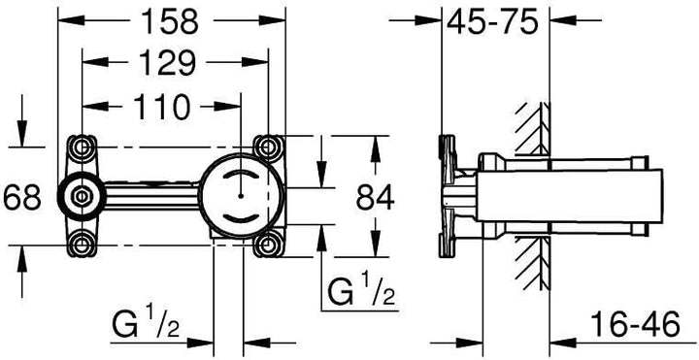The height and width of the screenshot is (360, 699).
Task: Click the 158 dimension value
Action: [x=169, y=21]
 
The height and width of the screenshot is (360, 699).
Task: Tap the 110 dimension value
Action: [x=162, y=107]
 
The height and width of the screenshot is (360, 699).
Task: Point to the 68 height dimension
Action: [x=21, y=198]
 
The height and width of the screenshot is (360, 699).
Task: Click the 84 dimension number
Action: [x=376, y=197]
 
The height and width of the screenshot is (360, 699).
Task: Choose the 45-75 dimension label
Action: [x=492, y=22]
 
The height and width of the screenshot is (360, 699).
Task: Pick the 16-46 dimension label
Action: [x=635, y=324]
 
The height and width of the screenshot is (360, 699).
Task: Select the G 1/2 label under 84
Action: [x=361, y=291]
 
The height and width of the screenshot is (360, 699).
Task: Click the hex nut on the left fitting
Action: [x=82, y=196]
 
